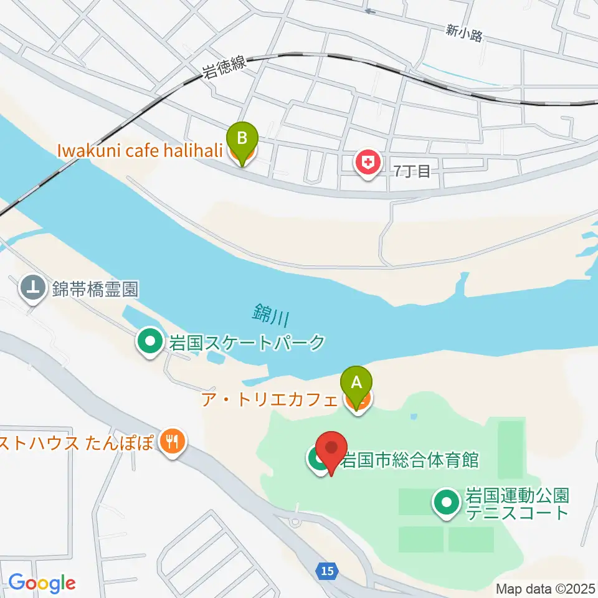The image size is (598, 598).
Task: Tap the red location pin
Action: point(331,450)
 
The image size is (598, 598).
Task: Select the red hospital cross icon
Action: point(368,163)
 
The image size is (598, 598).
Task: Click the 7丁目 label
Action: point(412,171)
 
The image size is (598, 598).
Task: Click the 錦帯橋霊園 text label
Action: point(95,289)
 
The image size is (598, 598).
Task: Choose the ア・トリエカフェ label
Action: point(268,399)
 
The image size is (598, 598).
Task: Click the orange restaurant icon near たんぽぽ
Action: point(171,442)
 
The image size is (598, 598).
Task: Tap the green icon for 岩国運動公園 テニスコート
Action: point(447,504)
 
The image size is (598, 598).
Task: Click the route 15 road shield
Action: point(326,570)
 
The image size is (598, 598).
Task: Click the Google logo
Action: point(42,583)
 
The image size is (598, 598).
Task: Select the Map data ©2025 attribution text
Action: point(544,588)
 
